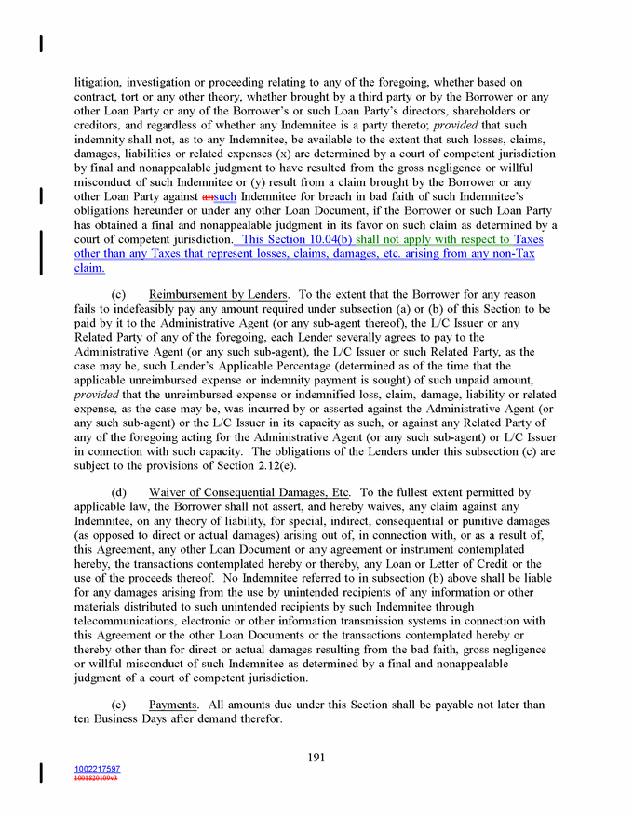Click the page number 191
tap(316, 757)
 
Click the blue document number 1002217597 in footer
tap(97, 769)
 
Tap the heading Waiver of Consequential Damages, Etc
tap(249, 492)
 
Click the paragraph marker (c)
tap(119, 295)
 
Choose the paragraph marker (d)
tap(119, 492)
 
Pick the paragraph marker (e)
tap(119, 705)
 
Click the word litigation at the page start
tap(99, 82)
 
